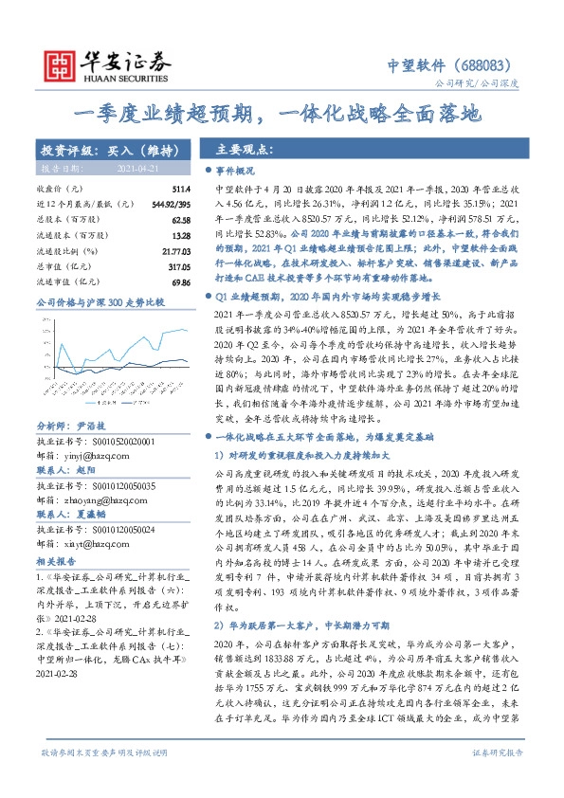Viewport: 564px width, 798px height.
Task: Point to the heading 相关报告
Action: (x=55, y=561)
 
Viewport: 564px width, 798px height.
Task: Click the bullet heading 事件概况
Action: (x=237, y=172)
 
